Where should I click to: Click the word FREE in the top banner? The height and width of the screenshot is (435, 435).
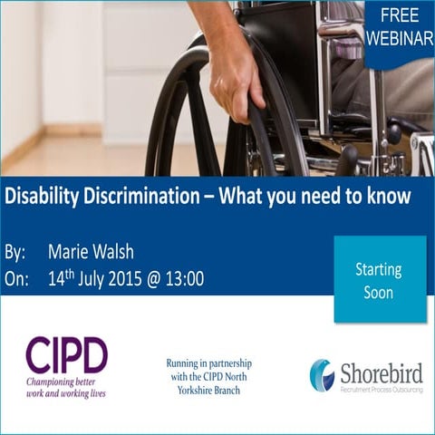coord(400,15)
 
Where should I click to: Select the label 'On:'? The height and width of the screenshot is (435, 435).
coord(16,278)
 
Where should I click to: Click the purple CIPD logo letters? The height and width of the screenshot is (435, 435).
coord(66,354)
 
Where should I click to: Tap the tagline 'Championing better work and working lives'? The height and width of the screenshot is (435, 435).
coord(66,387)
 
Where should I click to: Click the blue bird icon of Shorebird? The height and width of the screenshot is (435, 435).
coord(322,374)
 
